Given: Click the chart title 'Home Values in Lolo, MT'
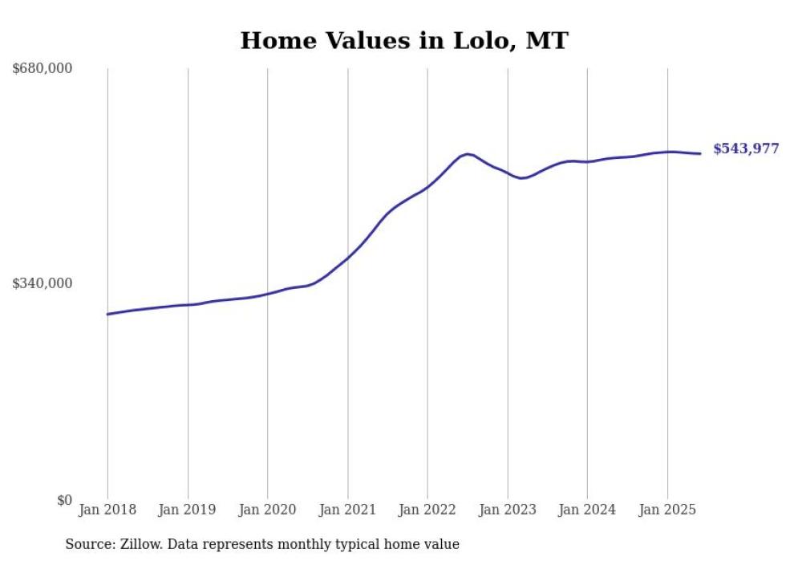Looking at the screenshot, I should (x=403, y=40).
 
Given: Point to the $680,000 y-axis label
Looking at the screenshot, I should (x=43, y=68).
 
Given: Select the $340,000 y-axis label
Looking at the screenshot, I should (x=43, y=283).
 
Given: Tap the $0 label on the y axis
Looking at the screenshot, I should (x=64, y=500).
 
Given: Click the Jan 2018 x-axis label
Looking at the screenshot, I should (x=107, y=510).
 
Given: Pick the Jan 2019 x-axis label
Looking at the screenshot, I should (x=188, y=510).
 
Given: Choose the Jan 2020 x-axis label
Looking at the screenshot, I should (x=267, y=510).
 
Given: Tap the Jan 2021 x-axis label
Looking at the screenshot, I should (x=347, y=510).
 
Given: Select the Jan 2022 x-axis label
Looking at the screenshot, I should (x=427, y=510).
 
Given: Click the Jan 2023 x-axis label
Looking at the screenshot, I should (x=507, y=510).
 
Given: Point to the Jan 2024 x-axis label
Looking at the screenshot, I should (x=587, y=510).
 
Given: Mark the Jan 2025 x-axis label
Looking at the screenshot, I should (x=667, y=510).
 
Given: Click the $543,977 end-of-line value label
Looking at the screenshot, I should (x=746, y=148).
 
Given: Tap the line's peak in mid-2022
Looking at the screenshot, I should (x=468, y=153).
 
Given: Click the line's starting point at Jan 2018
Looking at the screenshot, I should (x=107, y=314).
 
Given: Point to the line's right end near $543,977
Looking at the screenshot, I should (x=701, y=153).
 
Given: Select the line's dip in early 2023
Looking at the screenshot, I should (x=521, y=178).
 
